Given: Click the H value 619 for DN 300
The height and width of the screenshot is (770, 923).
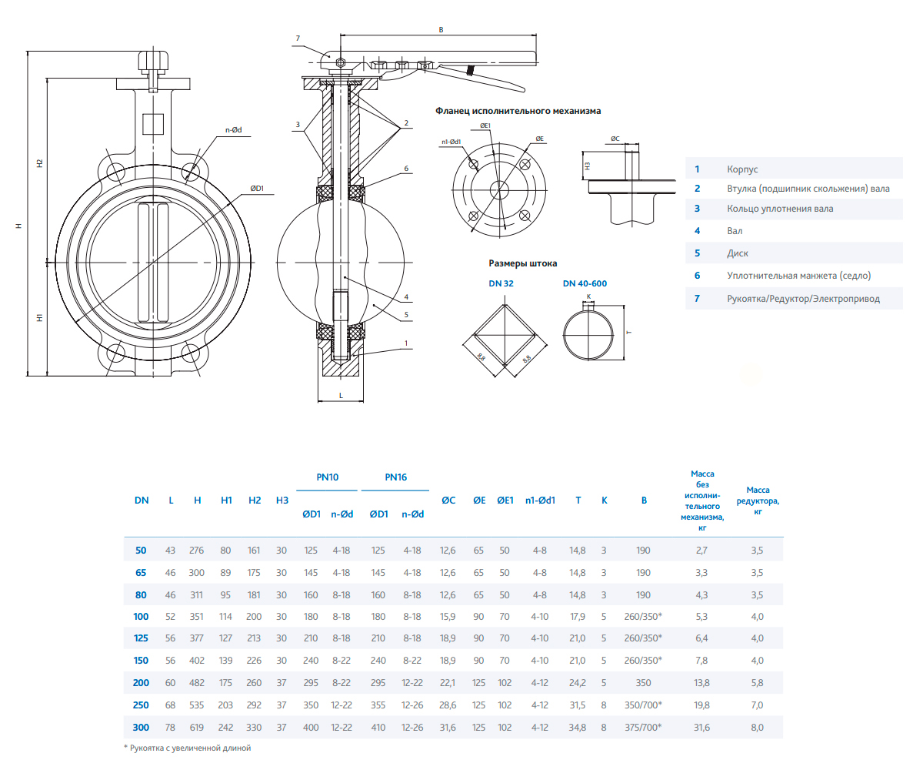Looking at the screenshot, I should pos(198,727).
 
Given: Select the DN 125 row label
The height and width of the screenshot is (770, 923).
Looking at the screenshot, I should pos(141,638).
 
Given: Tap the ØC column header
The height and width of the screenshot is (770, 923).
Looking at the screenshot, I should pos(448,500).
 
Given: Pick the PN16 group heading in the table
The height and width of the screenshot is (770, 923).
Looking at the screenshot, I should pos(395,477).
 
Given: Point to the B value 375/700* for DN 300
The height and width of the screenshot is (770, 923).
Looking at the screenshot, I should pos(645,727).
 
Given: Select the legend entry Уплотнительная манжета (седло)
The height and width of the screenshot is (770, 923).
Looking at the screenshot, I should pos(798,275).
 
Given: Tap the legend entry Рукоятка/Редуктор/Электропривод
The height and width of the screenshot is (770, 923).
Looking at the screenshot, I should pos(803,298).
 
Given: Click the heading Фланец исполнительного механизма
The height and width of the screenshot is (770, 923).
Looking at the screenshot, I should pos(518,111).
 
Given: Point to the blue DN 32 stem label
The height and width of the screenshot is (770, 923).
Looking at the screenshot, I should pos(501,283).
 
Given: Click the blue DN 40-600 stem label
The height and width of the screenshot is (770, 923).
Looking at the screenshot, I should pos(585,283).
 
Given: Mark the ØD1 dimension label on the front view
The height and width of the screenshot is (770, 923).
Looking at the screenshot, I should pos(257,187).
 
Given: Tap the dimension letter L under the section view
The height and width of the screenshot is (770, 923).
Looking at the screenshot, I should pos(341,394).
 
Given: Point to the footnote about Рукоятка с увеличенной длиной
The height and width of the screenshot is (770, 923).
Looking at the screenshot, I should pos(188,748).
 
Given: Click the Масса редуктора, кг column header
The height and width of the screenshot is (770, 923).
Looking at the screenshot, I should pos(763,500).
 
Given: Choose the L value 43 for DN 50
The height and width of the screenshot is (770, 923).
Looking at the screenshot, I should pos(171,551).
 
